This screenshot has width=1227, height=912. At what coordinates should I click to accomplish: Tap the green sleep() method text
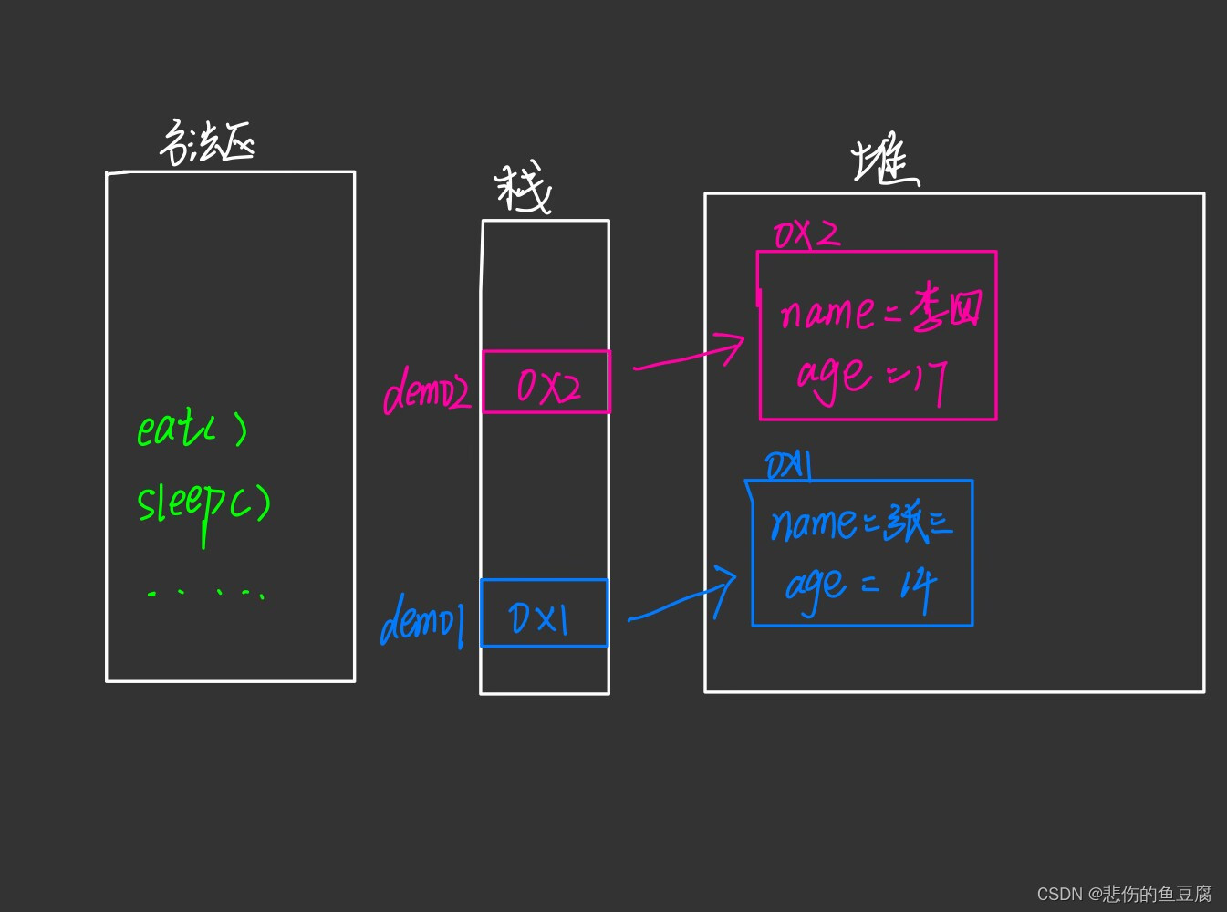coord(203,504)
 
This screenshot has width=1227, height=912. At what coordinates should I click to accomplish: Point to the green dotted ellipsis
coord(206,594)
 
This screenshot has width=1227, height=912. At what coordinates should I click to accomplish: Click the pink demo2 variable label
coord(426,393)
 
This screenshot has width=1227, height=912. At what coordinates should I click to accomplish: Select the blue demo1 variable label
coord(422,621)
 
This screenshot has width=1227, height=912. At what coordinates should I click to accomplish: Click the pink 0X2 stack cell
coord(546,383)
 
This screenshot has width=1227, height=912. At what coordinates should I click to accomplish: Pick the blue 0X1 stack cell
coord(544,614)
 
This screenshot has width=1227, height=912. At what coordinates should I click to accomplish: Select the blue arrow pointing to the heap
coord(682,598)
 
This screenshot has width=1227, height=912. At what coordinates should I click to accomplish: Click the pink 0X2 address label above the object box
coord(806,234)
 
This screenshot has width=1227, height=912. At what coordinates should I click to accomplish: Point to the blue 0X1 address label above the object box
coord(788,466)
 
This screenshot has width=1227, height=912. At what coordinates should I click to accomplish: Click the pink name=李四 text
coord(880,311)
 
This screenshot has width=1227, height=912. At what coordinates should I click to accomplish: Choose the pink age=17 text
coord(871,377)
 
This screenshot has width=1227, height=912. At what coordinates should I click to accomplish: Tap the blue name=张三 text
coord(860,523)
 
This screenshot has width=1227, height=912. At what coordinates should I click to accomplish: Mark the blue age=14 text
coord(860,586)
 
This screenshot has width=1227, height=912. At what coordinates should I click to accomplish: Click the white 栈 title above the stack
coord(524,189)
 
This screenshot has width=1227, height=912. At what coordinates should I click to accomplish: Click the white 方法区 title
coord(207,143)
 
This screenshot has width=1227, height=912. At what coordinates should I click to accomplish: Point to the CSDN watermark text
coord(1124,894)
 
